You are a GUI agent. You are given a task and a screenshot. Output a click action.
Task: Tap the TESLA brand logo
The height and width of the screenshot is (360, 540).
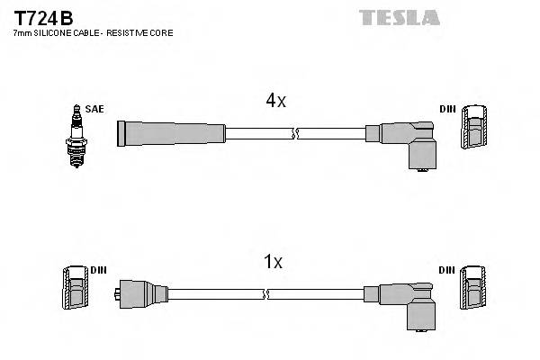[x=399, y=17]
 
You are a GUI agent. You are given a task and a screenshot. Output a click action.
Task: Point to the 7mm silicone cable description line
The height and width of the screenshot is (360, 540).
[x=93, y=33]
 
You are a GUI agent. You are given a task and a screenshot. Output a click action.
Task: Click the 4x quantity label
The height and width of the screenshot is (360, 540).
[x=275, y=102]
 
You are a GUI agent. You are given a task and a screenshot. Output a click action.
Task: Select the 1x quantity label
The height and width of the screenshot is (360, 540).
[x=273, y=262]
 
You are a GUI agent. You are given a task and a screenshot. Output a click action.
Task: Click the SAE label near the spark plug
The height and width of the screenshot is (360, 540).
[x=95, y=109]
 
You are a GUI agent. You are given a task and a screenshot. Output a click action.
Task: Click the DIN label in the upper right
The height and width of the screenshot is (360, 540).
[x=447, y=109]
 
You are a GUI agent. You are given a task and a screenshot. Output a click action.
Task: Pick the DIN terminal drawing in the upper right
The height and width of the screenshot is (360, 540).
[x=476, y=128]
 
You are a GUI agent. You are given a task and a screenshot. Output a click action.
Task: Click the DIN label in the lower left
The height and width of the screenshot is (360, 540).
[x=99, y=269]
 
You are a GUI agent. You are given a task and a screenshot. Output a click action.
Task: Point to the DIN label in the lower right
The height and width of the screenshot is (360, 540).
[x=447, y=269]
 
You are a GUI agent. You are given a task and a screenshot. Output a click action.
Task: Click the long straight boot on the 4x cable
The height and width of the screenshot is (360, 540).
[x=171, y=134]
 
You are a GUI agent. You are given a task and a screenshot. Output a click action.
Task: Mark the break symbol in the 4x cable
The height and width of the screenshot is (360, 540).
[x=294, y=134]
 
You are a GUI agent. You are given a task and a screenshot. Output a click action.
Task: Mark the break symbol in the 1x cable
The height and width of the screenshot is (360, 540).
[x=266, y=293]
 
